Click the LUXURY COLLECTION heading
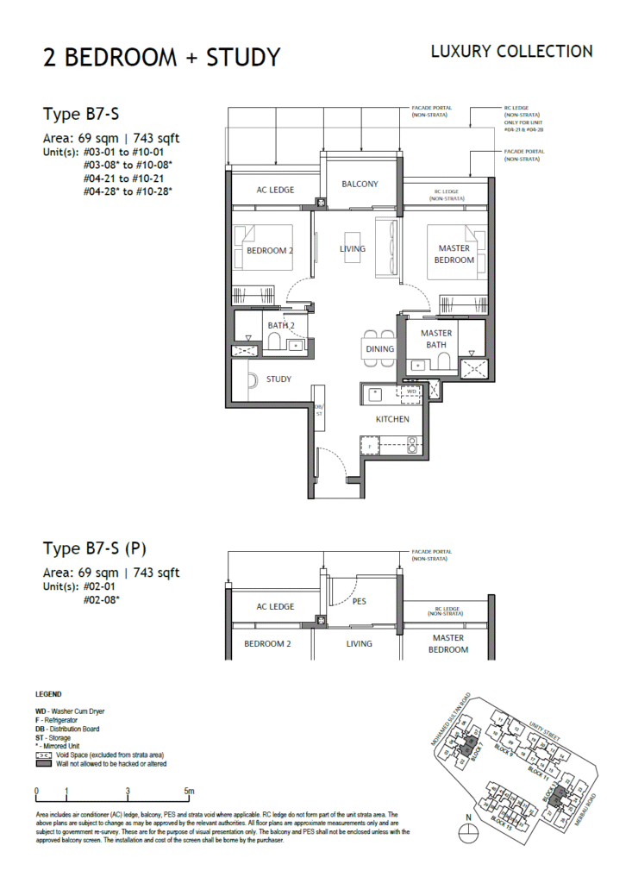point(511,52)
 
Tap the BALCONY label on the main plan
point(360,185)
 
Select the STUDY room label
point(278,379)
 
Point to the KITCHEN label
point(391,419)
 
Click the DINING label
point(379,349)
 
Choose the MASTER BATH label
point(435,339)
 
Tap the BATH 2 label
point(281,325)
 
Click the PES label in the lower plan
point(360,602)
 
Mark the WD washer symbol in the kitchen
point(411,391)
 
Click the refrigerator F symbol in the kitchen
point(370,446)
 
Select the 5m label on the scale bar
point(189,791)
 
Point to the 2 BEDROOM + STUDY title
point(162,58)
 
